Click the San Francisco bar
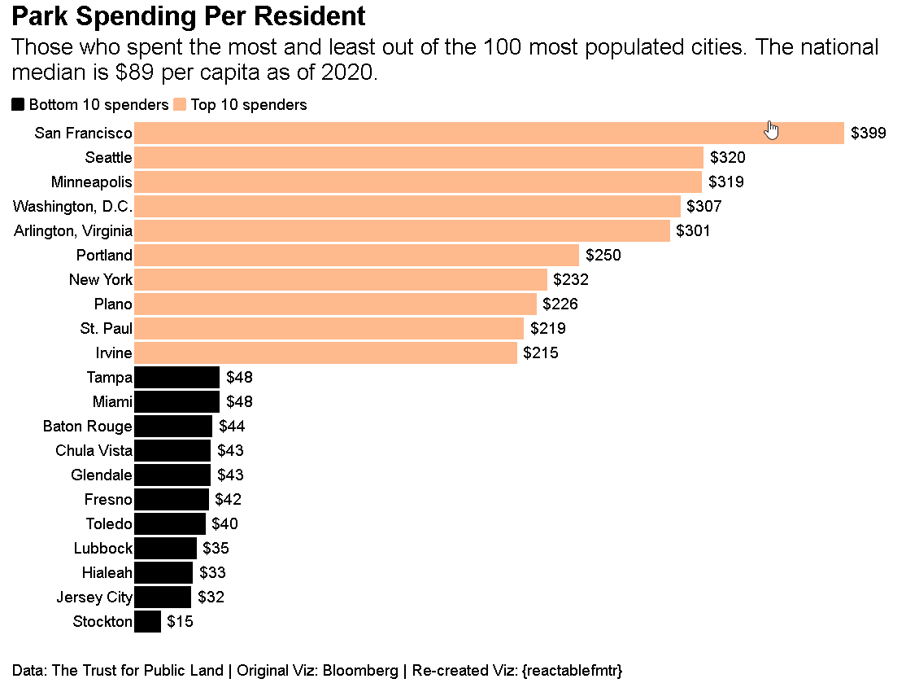coord(488,133)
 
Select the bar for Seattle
coord(418,157)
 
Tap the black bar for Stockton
coord(147,622)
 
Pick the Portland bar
coord(356,255)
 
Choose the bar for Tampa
coord(176,377)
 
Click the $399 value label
coord(868,133)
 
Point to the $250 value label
coord(603,255)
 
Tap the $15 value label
coord(180,622)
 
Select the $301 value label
coord(692,230)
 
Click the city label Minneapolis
coord(91,182)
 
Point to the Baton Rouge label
coord(87,426)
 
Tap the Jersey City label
coord(94,598)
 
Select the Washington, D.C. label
coord(72,206)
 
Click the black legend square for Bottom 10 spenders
coord(18,104)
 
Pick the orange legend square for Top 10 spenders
coord(180,104)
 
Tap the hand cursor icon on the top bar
coord(772,129)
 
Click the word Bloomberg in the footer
coord(360,671)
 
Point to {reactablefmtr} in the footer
coord(573,671)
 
